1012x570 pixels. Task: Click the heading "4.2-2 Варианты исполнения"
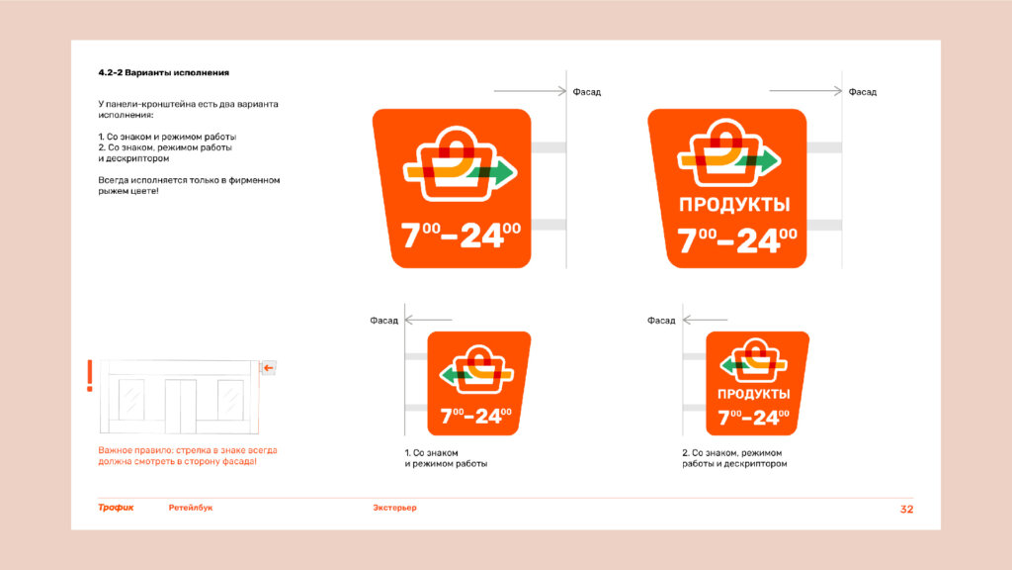163,73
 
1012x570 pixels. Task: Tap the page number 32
906,510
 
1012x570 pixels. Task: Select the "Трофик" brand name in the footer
117,508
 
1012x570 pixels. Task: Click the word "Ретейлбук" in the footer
191,508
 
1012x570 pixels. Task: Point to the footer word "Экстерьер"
394,508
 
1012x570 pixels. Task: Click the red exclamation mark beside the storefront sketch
90,375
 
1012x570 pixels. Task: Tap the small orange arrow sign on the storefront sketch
268,368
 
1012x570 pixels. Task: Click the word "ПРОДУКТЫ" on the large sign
734,205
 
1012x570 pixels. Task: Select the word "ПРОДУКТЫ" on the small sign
753,394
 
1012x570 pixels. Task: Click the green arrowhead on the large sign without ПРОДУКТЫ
504,172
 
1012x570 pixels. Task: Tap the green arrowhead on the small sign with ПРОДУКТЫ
727,366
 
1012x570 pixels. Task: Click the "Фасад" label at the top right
862,92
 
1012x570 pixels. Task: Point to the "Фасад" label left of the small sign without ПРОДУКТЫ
384,321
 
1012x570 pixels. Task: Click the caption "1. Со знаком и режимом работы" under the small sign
446,458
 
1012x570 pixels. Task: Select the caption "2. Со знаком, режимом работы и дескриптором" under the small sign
734,458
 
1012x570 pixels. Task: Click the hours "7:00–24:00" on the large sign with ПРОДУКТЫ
737,240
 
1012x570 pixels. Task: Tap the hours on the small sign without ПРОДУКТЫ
475,416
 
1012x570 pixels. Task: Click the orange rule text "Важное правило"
129,450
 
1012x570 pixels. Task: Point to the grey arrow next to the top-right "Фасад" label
805,91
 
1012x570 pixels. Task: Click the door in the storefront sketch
180,406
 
